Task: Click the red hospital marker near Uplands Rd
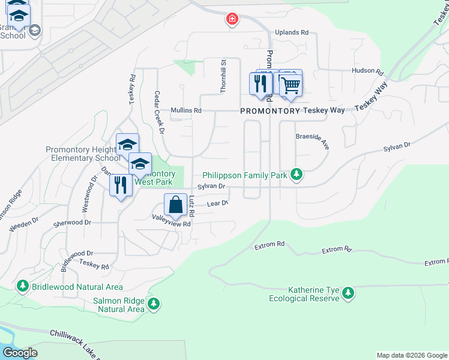coord(232,20)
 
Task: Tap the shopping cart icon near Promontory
coord(291,85)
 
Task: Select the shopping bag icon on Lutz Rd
coord(175,205)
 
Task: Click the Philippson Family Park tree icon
coord(296,175)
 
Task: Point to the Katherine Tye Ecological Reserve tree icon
coord(348,293)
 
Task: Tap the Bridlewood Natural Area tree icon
coord(23,286)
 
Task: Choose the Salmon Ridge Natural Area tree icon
coord(154,304)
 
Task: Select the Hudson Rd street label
coord(367,71)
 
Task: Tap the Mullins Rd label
coord(185,110)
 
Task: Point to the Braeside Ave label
coord(313,137)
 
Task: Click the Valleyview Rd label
coord(171,224)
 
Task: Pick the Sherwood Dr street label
coord(72,222)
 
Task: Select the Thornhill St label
coord(223,76)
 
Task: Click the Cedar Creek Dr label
coord(159,110)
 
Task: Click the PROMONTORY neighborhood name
coord(270,111)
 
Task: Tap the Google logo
coord(20,353)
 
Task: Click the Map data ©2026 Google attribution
coord(411,355)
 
